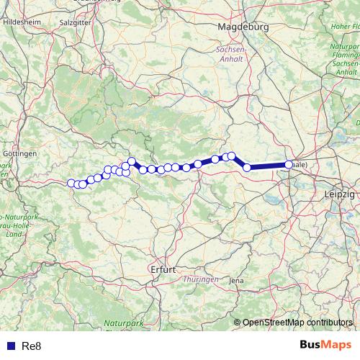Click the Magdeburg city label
pos(243,26)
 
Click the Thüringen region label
pos(201,279)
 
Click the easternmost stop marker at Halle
pos(289,165)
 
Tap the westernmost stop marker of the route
pos(71,183)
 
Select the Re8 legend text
pos(32,346)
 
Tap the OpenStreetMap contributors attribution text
pos(298,322)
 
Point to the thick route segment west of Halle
pos(268,166)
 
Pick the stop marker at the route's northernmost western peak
pos(132,161)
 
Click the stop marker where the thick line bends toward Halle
pos(247,168)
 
